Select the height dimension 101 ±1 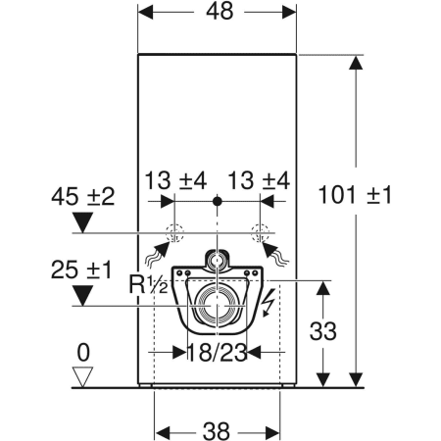(354, 195)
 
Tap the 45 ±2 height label (83, 195)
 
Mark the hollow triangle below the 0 (83, 374)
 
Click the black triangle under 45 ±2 (83, 220)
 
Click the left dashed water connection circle (174, 233)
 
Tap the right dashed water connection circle (259, 233)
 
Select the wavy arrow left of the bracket (155, 256)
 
